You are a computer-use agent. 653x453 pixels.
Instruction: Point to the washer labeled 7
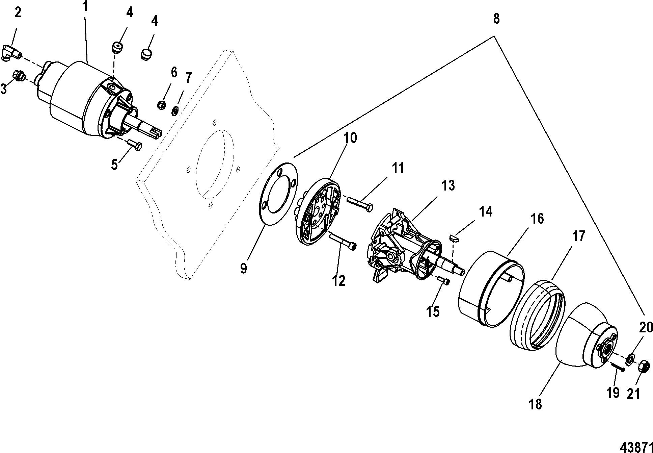(175, 110)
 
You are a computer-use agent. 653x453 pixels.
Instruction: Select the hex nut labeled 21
(643, 366)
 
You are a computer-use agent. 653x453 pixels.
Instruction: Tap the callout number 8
(496, 19)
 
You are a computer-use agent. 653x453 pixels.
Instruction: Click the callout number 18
(536, 404)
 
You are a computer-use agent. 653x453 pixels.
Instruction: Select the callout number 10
(350, 139)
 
